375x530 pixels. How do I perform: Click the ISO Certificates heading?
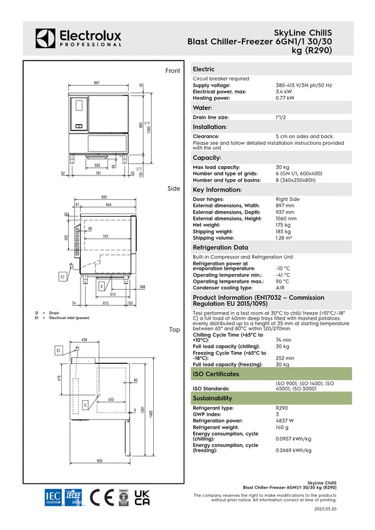(216, 374)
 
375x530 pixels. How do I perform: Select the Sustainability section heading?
(212, 398)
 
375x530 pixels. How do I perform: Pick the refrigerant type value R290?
(282, 408)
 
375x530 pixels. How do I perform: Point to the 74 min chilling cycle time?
(283, 340)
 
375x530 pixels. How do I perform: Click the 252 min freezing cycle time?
(284, 358)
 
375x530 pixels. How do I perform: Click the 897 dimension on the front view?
(97, 82)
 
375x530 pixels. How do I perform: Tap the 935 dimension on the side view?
(104, 198)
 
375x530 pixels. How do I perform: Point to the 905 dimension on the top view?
(100, 461)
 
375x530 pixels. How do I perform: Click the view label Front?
(172, 71)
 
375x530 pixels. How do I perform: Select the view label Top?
(174, 329)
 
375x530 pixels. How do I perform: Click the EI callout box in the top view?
(59, 351)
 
